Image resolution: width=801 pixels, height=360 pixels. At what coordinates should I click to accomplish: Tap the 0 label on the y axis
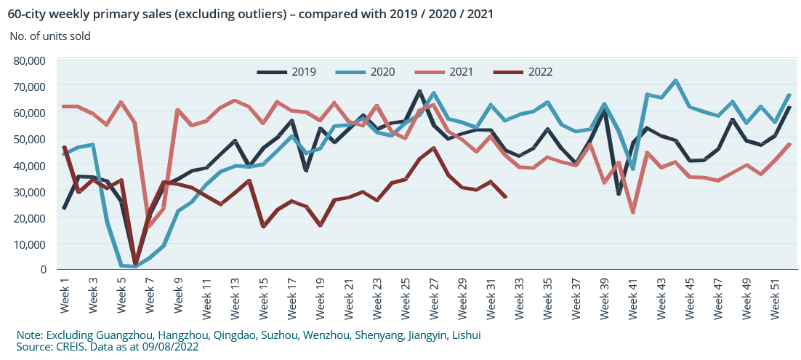[43, 270]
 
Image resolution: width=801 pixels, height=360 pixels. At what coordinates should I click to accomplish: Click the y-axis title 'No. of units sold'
[50, 36]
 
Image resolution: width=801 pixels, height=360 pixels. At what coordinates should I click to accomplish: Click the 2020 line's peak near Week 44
[675, 81]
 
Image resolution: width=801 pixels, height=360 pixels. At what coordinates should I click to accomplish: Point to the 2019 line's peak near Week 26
[419, 92]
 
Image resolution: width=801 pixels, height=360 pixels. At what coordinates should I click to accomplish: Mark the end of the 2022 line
[505, 196]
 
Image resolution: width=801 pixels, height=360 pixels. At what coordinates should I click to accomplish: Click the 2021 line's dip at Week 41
[633, 212]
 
